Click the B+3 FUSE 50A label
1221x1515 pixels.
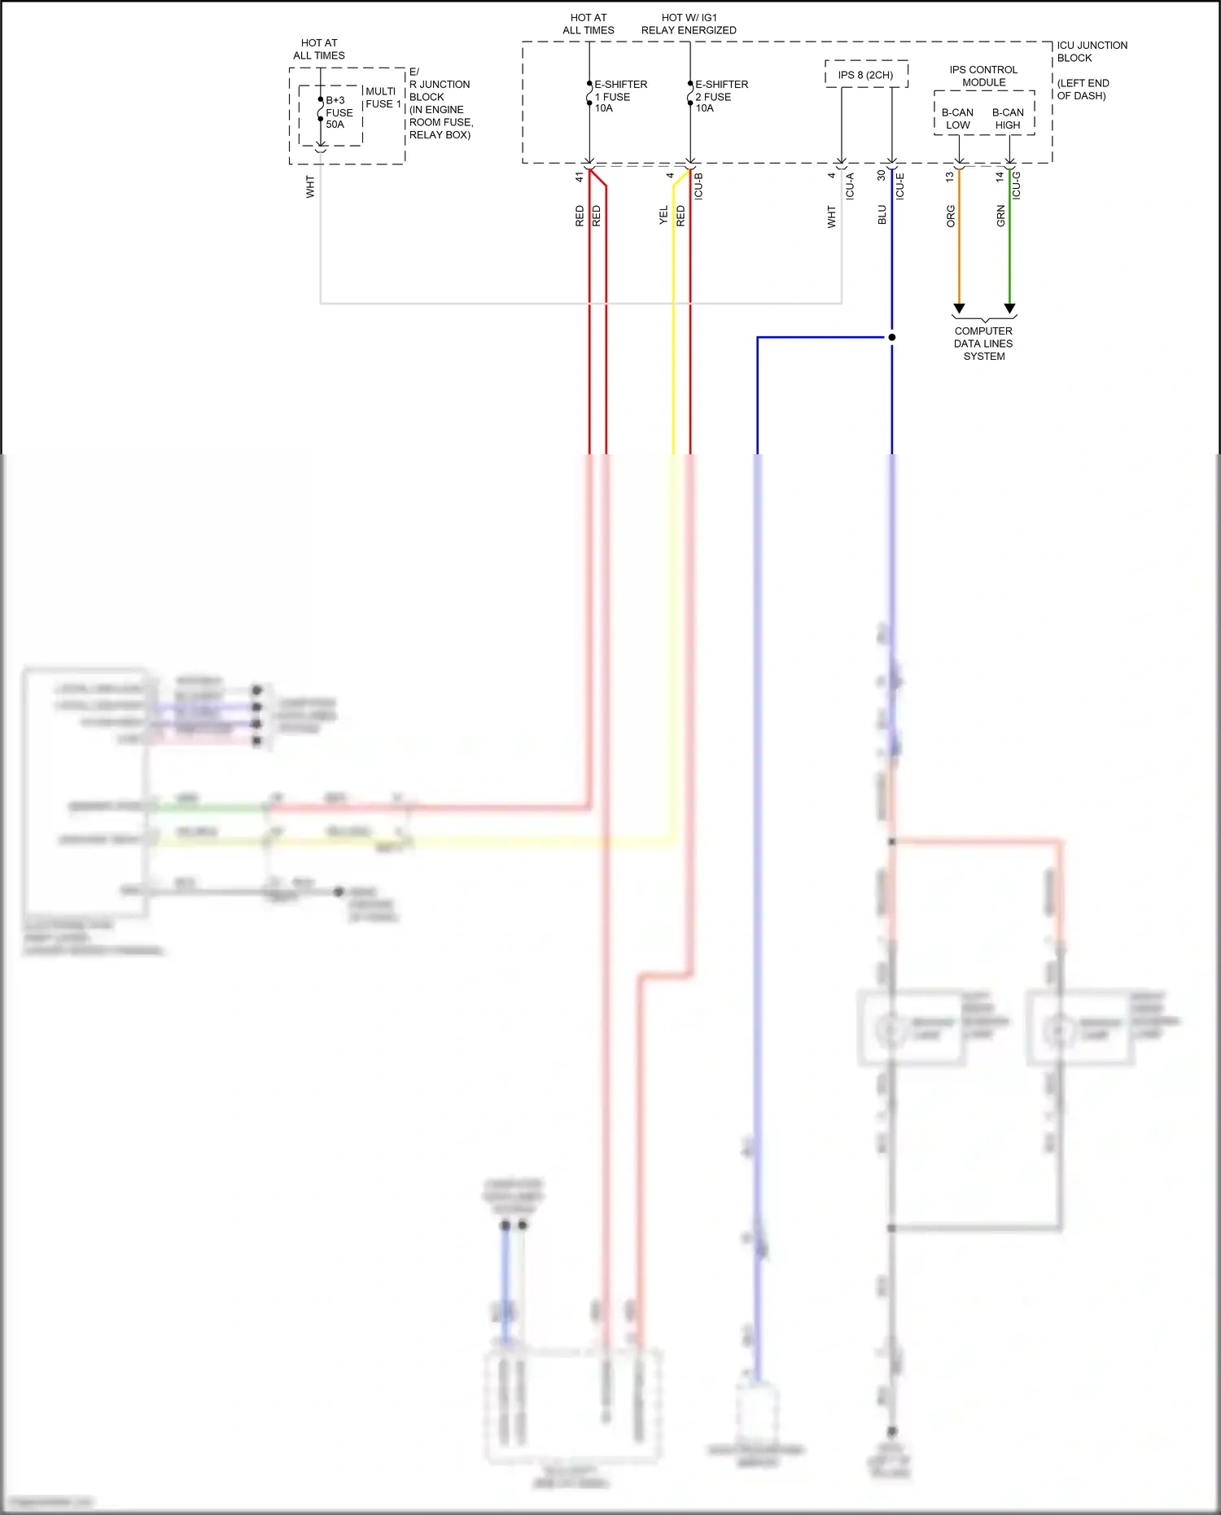[x=339, y=113]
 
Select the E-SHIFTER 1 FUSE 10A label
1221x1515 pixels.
[x=620, y=96]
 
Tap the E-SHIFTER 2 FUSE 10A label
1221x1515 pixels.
[x=721, y=96]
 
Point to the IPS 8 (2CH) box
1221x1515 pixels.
[x=866, y=75]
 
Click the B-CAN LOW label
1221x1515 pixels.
[x=958, y=119]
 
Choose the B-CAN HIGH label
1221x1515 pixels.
[x=1008, y=119]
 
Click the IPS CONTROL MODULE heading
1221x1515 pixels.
[x=983, y=76]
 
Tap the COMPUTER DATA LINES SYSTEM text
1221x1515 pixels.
[x=983, y=344]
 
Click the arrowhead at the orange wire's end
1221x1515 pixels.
[x=959, y=309]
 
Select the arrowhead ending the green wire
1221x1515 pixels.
[x=1009, y=309]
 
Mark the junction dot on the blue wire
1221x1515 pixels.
[x=892, y=337]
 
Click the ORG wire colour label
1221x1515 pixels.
[x=951, y=216]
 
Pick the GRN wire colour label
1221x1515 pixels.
[x=1000, y=216]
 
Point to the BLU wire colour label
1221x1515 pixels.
[x=882, y=215]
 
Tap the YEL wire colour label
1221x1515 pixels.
[x=663, y=215]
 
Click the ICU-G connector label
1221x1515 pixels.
[x=1017, y=186]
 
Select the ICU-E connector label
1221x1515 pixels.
[x=900, y=186]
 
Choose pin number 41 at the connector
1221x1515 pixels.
[x=580, y=177]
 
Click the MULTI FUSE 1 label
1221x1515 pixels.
[x=383, y=98]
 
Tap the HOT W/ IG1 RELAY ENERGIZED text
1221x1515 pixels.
[x=689, y=24]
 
